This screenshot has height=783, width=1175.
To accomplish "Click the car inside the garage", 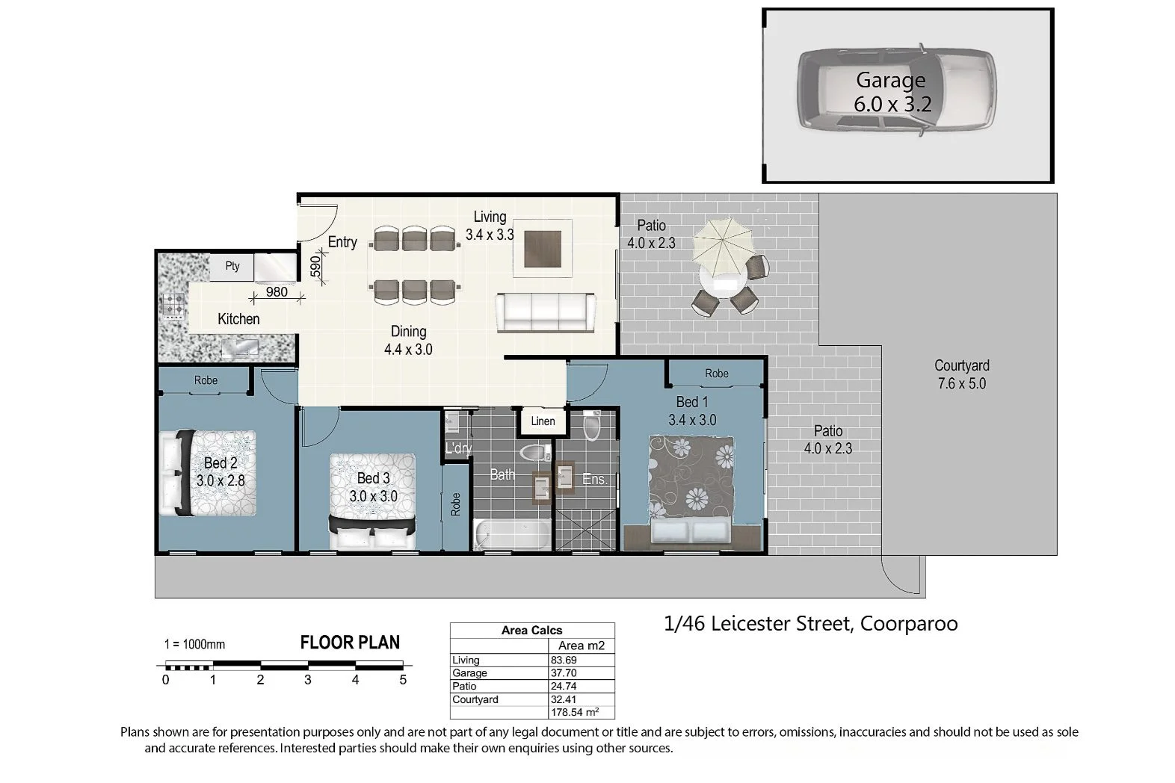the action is coord(896,89).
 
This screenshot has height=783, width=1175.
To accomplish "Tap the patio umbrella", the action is coord(724,240).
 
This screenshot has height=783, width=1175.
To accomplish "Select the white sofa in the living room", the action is coord(546,312).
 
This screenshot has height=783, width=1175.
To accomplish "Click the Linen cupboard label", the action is coord(543,421).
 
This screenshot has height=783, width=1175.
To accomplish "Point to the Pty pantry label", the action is coord(232,266).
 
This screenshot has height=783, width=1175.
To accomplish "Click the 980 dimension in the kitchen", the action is coord(277,292).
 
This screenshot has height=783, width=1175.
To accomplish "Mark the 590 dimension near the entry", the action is coord(315,267).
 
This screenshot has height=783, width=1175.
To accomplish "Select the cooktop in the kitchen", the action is coord(173,306).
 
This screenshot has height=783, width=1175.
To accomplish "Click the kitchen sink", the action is coord(240,347).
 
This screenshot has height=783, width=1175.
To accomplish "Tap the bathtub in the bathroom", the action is coord(511,534).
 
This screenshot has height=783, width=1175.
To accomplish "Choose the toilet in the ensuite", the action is coord(592,425).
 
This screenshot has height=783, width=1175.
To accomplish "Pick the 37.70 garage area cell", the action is coord(564,673).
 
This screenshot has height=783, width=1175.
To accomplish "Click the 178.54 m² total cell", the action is coord(574,712).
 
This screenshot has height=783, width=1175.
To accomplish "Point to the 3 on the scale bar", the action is coord(308,680).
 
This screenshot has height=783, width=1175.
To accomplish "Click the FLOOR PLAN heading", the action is coord(350,643).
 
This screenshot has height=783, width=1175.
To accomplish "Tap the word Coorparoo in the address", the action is coord(909,624).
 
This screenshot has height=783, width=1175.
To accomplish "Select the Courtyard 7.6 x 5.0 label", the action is coord(962,374).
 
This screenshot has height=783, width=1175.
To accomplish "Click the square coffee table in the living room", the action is coord(543,249).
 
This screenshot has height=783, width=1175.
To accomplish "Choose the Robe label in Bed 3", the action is coord(456,504).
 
